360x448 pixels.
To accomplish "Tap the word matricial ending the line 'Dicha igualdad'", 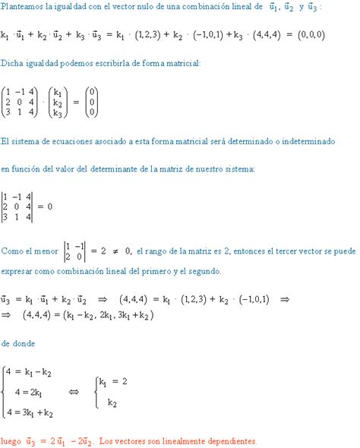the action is click(x=182, y=64).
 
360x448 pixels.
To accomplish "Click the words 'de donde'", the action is click(x=16, y=342).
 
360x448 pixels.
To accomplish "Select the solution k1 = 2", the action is click(x=113, y=381).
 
